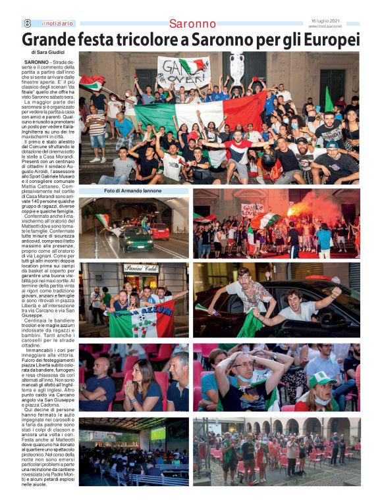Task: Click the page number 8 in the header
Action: coord(28,22)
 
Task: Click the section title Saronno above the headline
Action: coord(192,24)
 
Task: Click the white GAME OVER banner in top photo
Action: coord(182,70)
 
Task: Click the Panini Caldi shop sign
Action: coord(140,268)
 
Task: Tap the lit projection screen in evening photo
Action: coord(158,433)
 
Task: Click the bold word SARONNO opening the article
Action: coord(38,62)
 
